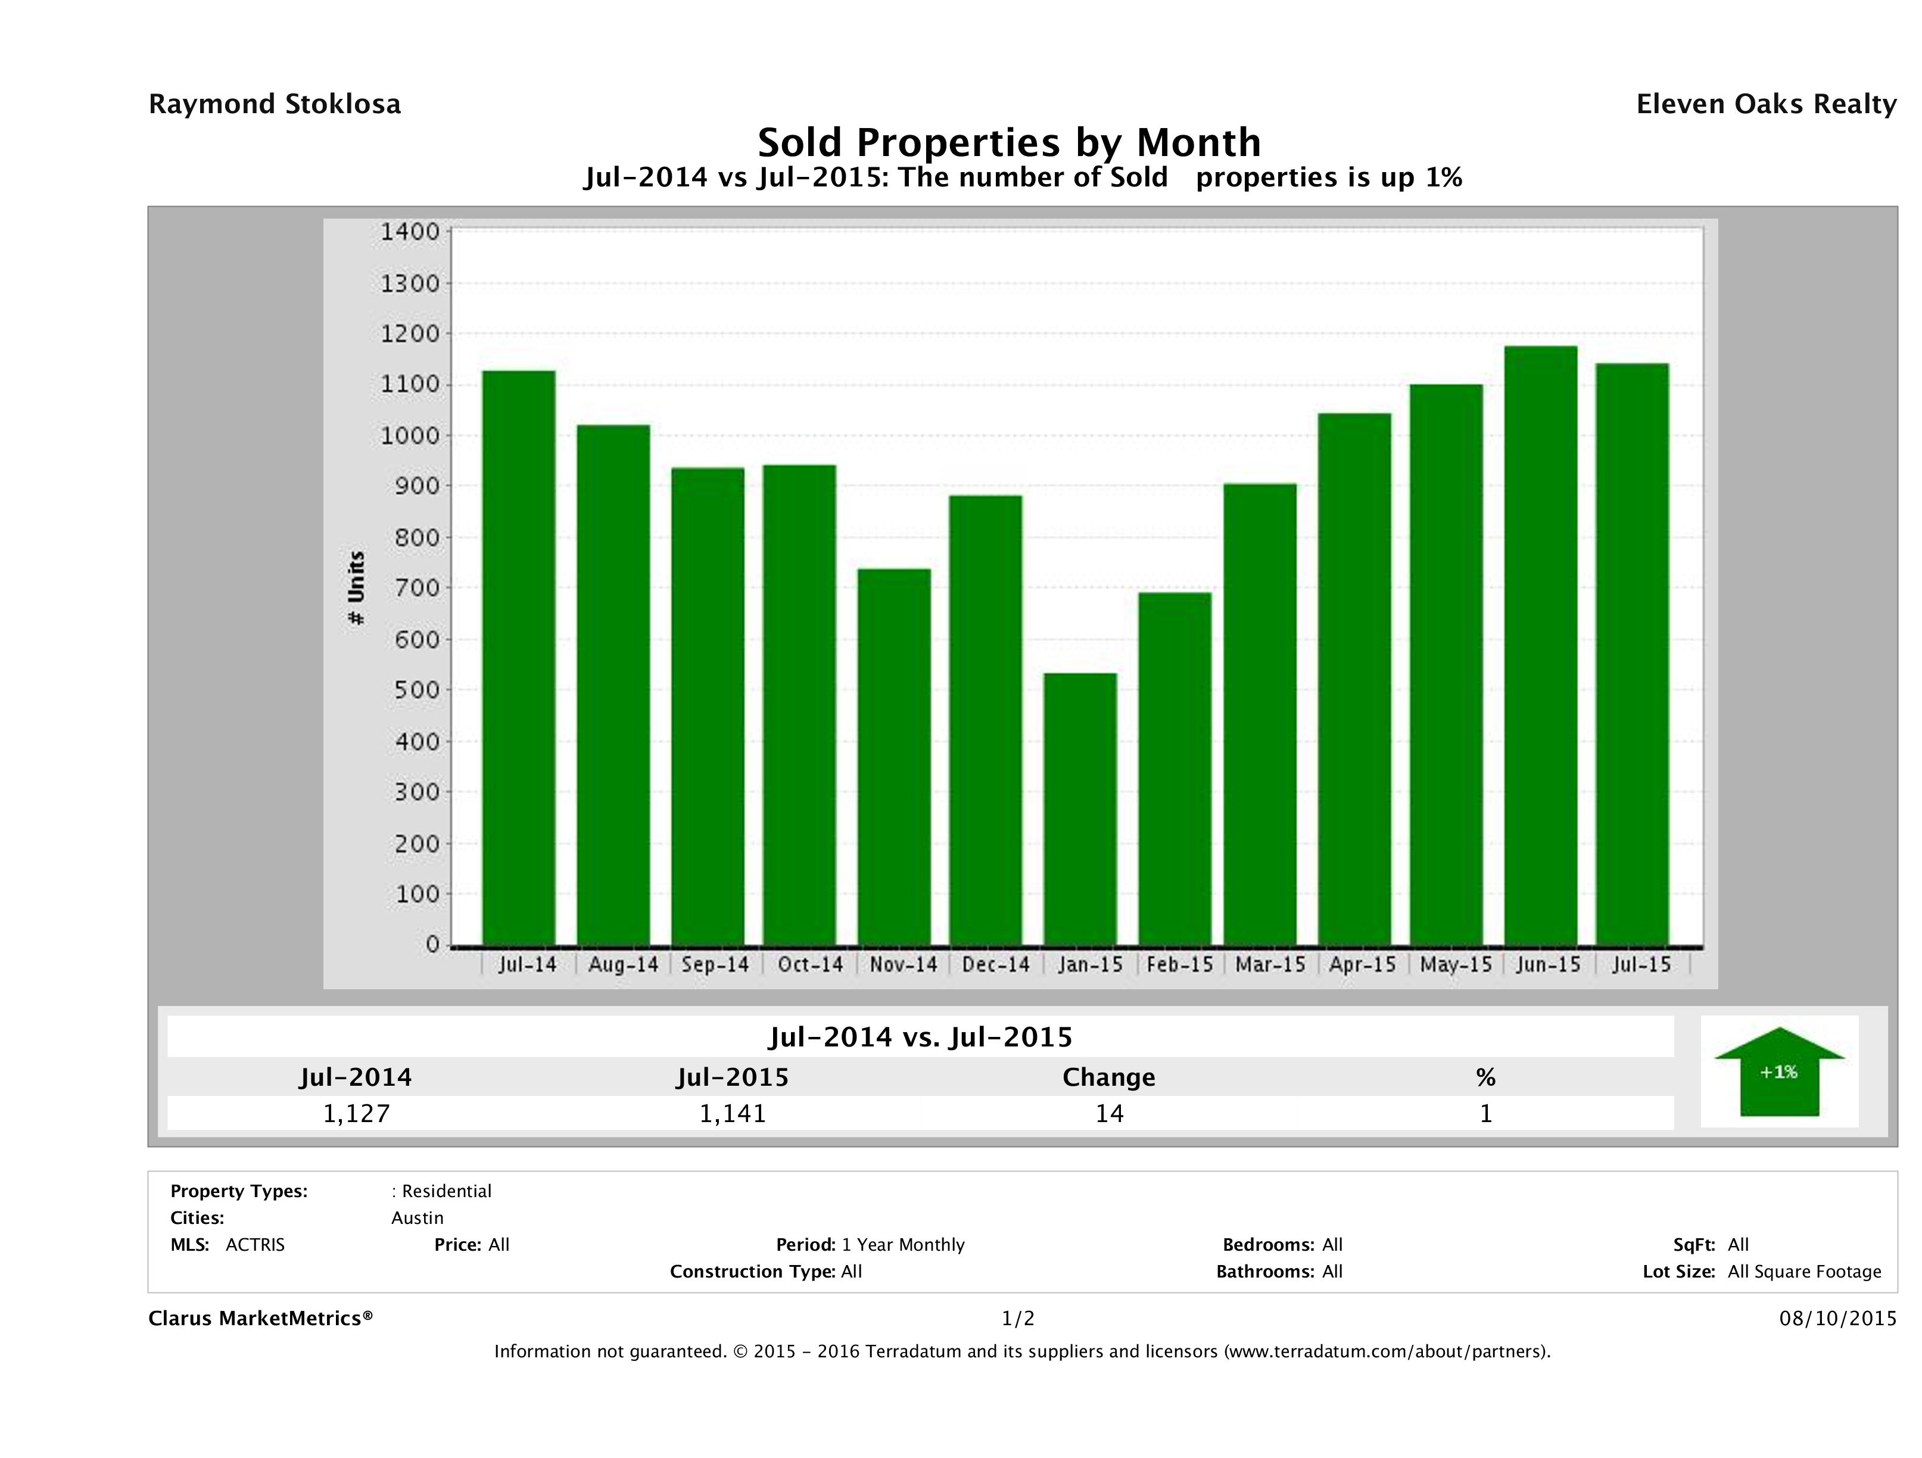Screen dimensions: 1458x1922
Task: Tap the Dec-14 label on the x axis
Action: [x=996, y=964]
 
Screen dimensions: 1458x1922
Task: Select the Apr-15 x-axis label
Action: [x=1362, y=964]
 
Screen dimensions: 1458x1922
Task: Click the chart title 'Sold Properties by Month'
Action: [x=1009, y=142]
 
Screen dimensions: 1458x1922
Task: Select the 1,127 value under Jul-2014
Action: [x=356, y=1113]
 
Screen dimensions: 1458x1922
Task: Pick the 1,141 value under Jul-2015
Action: [x=733, y=1113]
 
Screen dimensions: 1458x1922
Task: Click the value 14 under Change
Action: [x=1109, y=1113]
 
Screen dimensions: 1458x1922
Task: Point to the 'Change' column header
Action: [x=1109, y=1077]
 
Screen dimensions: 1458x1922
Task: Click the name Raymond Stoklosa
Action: [x=275, y=104]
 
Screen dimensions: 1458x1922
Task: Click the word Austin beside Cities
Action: [x=417, y=1218]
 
